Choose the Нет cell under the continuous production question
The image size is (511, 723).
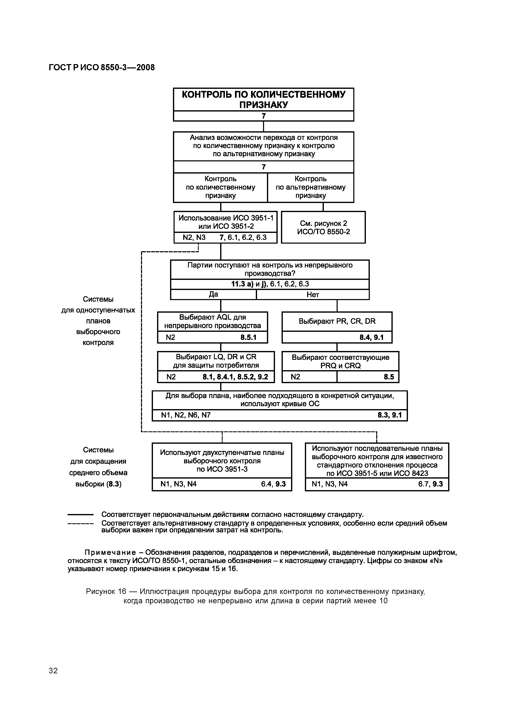313,295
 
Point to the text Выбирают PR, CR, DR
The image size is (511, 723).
337,321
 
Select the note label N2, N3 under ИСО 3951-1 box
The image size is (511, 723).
194,237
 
